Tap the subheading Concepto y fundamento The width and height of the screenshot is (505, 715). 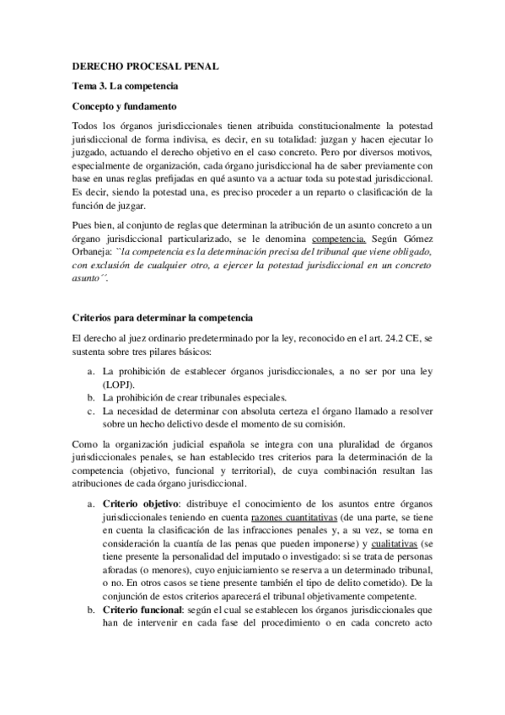123,107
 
